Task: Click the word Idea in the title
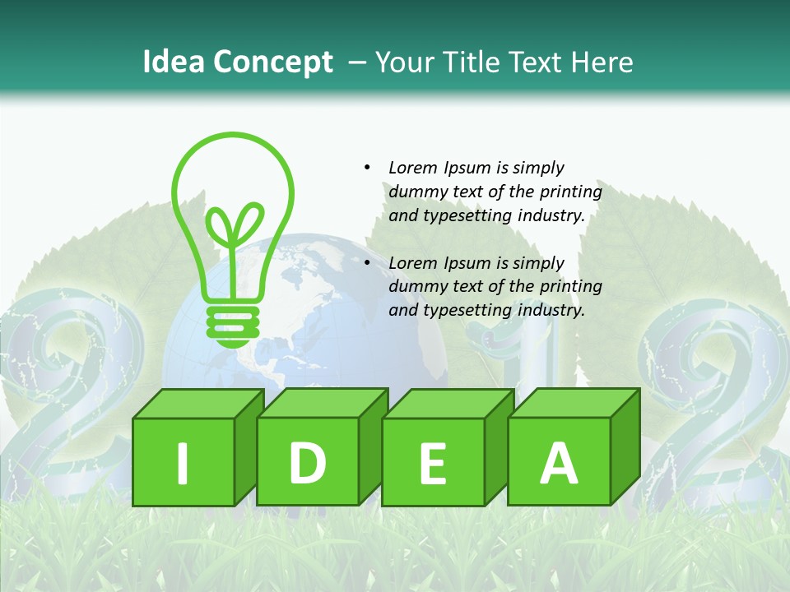174,62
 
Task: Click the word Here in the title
600,62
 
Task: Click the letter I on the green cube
183,463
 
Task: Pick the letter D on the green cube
307,463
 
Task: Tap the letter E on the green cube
433,464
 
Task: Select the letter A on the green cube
559,463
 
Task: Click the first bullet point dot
367,168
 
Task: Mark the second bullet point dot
367,263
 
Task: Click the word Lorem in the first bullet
414,168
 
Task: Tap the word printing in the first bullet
571,192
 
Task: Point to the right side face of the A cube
625,448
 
